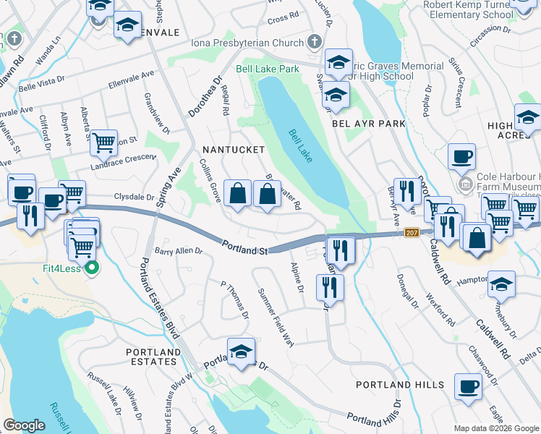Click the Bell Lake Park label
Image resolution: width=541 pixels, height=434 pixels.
pos(268,69)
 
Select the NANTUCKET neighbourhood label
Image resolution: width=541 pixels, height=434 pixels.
pos(233,149)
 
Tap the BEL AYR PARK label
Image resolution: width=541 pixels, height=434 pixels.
pos(369,124)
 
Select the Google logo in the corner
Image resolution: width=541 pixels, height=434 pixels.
pos(25,425)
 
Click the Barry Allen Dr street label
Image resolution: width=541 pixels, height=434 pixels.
pos(179,251)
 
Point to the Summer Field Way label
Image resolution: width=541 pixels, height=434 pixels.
pos(276,317)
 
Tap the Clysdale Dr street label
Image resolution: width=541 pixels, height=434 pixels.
pos(134,197)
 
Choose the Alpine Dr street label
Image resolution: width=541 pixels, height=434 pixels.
pos(297,278)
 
